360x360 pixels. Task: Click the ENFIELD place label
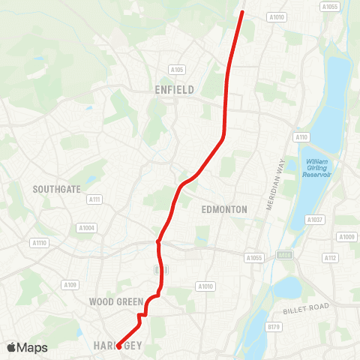click(x=174, y=90)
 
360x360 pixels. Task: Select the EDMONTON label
click(x=224, y=210)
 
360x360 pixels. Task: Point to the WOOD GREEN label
click(x=116, y=301)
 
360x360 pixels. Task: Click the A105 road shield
click(x=176, y=70)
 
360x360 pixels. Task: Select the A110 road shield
click(x=301, y=137)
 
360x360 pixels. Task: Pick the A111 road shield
click(x=94, y=199)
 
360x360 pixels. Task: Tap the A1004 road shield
click(x=86, y=227)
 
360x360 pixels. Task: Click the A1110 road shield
click(x=39, y=242)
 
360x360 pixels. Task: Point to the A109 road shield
click(x=70, y=284)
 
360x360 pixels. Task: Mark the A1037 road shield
click(x=314, y=220)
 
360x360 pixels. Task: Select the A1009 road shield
click(x=346, y=237)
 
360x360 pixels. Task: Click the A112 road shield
click(x=331, y=257)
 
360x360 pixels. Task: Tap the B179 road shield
click(x=274, y=327)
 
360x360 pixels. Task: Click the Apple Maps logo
click(x=26, y=347)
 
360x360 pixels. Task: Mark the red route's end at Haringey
click(x=118, y=346)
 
